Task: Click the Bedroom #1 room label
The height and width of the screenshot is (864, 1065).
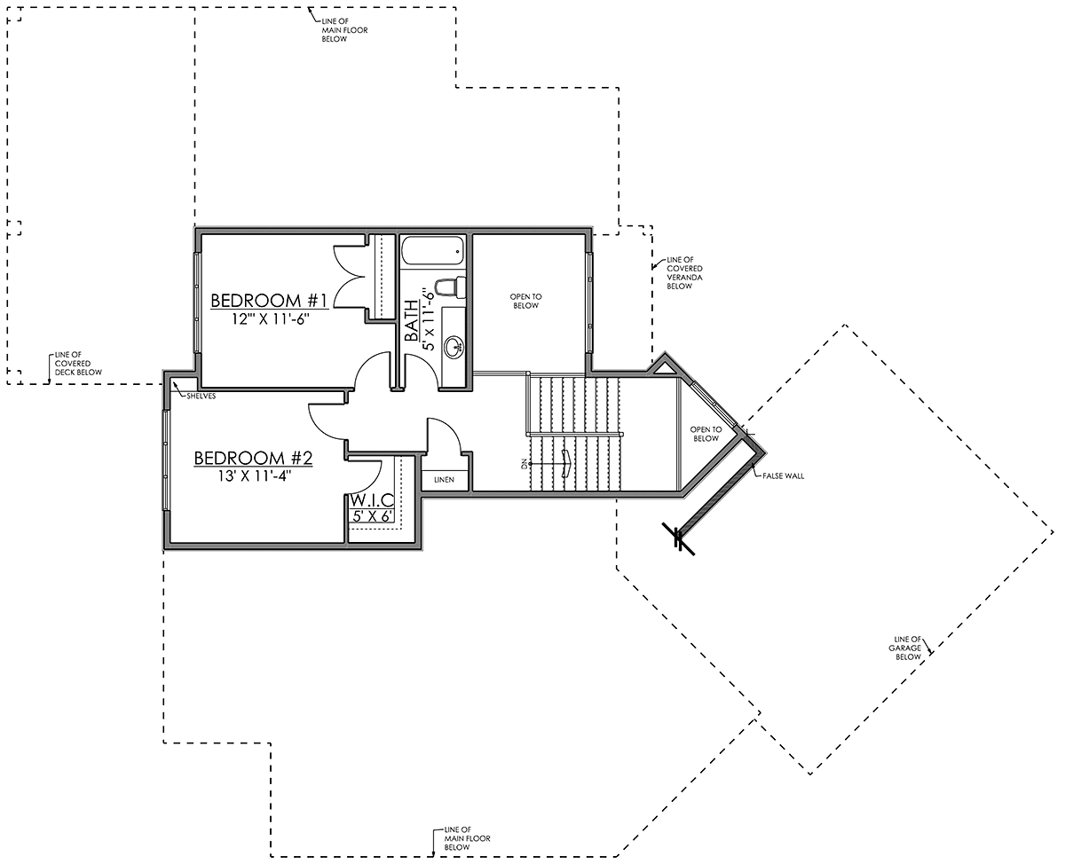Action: (x=269, y=301)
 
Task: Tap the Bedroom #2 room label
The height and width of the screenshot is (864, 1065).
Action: (x=253, y=459)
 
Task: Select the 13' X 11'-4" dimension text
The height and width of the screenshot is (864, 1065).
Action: (x=254, y=476)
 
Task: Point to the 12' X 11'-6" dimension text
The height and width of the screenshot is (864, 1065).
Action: (x=270, y=318)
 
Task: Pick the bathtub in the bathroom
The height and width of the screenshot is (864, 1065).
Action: (x=432, y=251)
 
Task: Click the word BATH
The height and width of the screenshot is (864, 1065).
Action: (x=412, y=320)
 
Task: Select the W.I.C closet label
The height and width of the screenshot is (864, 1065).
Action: (x=372, y=499)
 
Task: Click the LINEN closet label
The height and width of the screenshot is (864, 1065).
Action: (x=444, y=480)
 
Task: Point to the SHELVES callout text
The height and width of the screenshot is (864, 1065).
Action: (x=201, y=397)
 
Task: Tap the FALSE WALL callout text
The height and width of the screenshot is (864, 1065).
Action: (x=784, y=476)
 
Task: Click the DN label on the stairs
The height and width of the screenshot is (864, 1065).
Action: (x=524, y=464)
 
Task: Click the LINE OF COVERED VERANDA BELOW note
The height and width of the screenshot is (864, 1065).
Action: (x=684, y=273)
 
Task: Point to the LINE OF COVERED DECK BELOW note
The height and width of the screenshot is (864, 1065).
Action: (x=78, y=364)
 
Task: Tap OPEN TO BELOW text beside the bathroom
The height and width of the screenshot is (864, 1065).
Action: (x=525, y=301)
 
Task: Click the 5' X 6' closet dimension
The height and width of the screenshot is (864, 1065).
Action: (x=372, y=516)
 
